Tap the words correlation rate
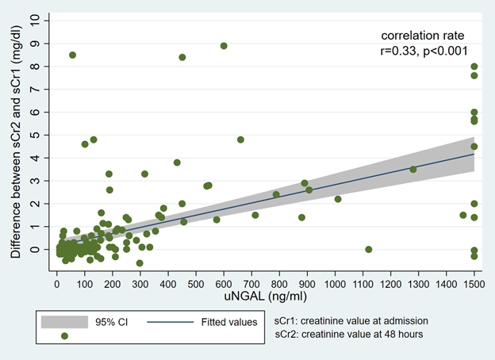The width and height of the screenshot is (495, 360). (x=423, y=36)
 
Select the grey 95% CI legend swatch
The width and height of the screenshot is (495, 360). (x=64, y=322)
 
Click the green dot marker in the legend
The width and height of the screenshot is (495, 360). (x=64, y=336)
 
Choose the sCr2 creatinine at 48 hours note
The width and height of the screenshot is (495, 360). (x=348, y=335)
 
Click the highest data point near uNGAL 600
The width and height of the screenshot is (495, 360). (x=224, y=46)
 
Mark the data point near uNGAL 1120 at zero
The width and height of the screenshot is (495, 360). (x=368, y=249)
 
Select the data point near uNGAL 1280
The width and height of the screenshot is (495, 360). (x=412, y=169)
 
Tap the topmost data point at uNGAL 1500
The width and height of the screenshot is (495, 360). (x=474, y=67)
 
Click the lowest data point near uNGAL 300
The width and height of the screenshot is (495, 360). (x=140, y=262)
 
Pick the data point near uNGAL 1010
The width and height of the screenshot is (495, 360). (x=337, y=199)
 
